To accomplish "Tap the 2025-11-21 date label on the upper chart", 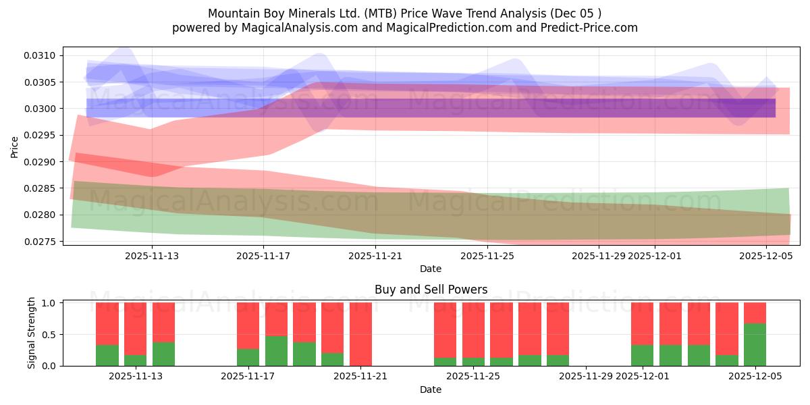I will pos(375,256).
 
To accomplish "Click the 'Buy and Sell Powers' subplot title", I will pos(431,290).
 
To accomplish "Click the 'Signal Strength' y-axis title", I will pos(32,333).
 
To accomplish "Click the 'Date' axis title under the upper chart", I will pos(431,269).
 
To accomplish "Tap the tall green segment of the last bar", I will pos(755,344).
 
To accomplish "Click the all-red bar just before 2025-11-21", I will pos(360,334).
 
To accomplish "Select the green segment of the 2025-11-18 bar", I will pos(276,350).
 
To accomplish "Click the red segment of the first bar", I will pos(107,323).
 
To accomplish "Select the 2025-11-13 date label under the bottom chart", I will pos(135,376).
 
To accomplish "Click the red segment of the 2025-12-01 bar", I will pos(642,323).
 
